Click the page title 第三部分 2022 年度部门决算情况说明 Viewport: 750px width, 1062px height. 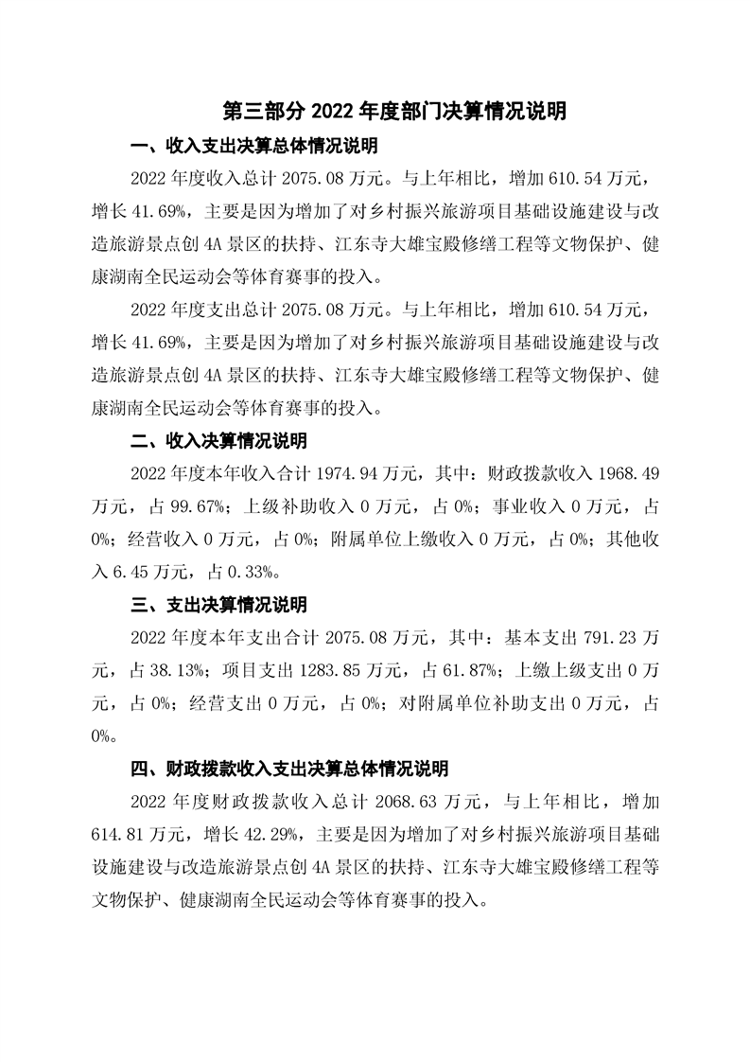pyautogui.click(x=394, y=112)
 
